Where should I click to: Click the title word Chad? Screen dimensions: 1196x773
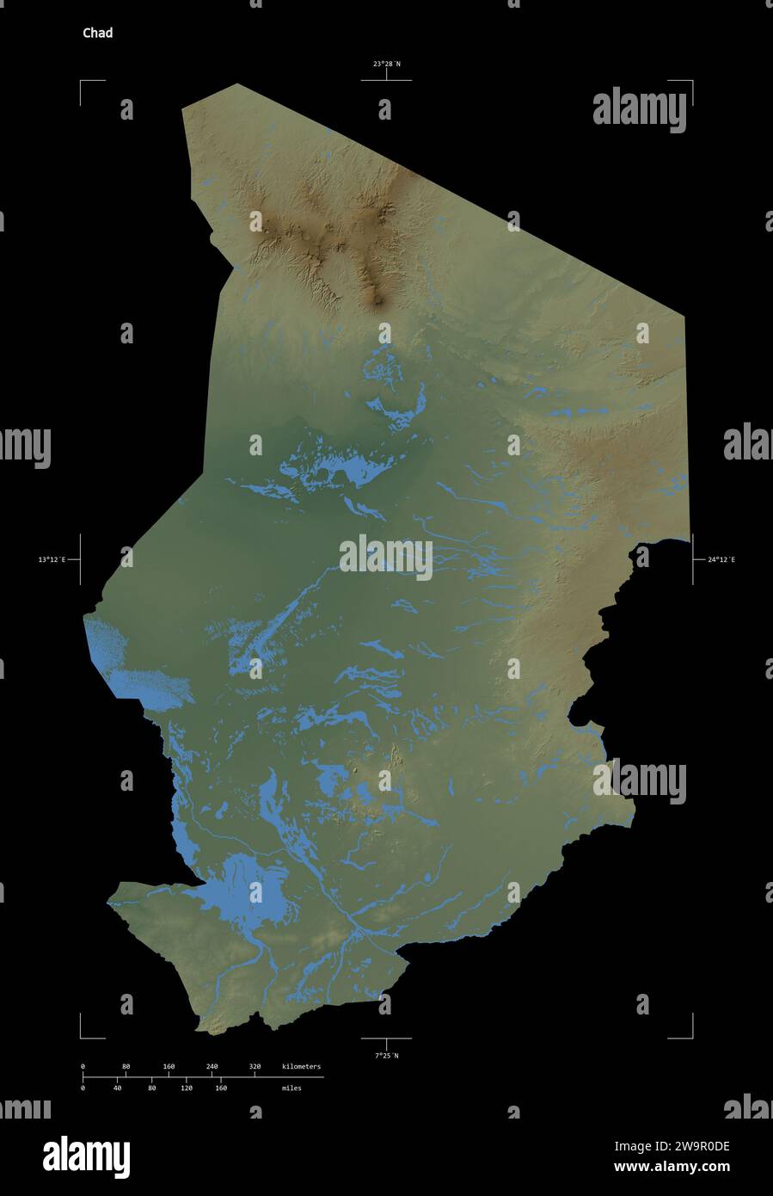tap(97, 34)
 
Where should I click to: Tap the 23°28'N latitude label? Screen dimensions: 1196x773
tap(386, 64)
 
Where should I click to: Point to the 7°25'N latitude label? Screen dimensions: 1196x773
tap(386, 1055)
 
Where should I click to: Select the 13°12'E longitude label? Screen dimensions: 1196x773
tap(52, 559)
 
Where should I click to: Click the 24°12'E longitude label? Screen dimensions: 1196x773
tap(721, 559)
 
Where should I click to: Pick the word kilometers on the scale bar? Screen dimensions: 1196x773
tap(301, 1067)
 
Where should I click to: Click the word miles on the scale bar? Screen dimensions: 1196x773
tap(291, 1088)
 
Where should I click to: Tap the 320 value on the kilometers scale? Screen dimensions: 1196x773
tap(255, 1067)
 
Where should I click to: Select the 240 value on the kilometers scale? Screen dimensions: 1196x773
tap(212, 1067)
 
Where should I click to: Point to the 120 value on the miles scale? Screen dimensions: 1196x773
tap(186, 1088)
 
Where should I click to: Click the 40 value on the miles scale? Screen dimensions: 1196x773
tap(117, 1088)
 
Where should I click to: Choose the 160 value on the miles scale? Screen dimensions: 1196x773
tap(220, 1088)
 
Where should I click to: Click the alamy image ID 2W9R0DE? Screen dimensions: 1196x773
tap(672, 1146)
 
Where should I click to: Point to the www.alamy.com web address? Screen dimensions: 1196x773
tap(672, 1168)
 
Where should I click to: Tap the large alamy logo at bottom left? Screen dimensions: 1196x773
tap(86, 1156)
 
